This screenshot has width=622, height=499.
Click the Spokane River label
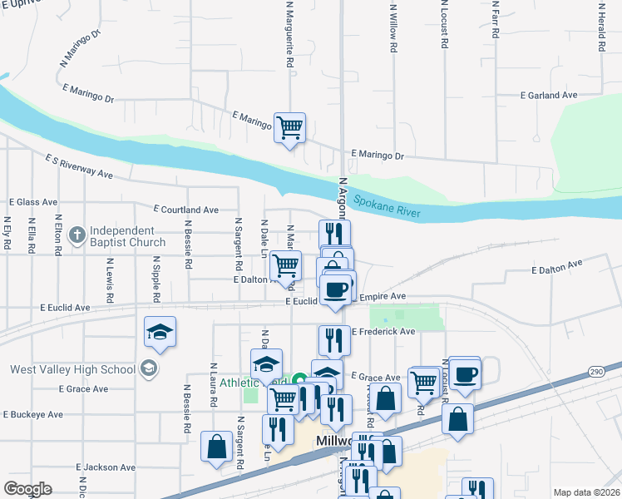[x=387, y=207]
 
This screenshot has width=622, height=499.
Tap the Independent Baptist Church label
[x=128, y=236]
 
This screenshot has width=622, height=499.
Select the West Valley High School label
[x=72, y=369]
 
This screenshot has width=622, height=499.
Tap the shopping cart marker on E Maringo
[x=289, y=128]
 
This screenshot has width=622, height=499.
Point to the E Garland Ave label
[x=548, y=96]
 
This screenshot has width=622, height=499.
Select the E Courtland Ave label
[x=185, y=210]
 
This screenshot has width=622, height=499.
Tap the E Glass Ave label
[x=33, y=202]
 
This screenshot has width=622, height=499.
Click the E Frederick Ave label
[x=383, y=331]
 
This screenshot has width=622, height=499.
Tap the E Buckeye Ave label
[x=33, y=413]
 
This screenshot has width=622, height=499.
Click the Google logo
[x=27, y=489]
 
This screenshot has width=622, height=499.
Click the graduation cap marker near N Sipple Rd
[x=160, y=333]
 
